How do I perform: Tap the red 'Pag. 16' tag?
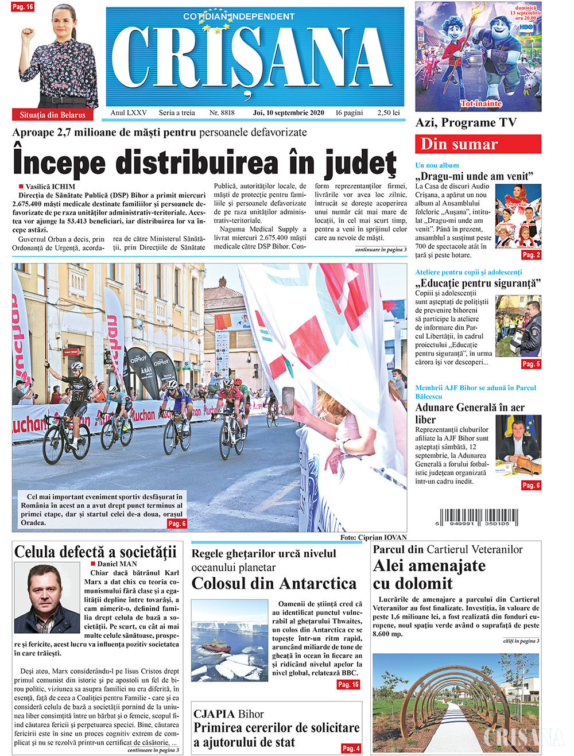22,7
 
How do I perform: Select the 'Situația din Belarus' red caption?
52,115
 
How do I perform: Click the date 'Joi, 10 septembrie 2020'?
288,113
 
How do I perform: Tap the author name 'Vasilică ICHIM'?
51,187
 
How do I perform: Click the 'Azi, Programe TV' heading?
466,123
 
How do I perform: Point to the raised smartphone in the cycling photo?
288,400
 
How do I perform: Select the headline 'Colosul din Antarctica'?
274,583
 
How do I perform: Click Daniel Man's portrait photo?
47,598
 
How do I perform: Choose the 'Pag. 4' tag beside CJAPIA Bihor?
351,748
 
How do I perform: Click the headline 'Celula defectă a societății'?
95,552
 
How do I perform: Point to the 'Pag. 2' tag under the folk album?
530,255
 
